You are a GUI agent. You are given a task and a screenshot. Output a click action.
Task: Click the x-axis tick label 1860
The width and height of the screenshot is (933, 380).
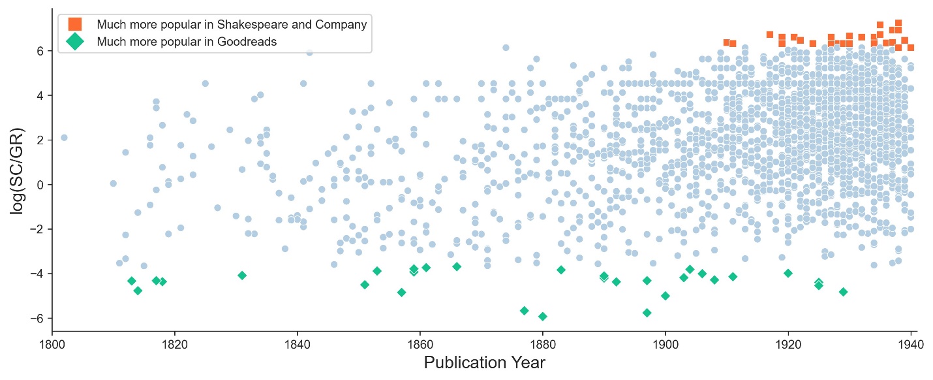coord(420,344)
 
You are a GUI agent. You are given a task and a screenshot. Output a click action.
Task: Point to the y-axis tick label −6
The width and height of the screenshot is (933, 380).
coord(40,318)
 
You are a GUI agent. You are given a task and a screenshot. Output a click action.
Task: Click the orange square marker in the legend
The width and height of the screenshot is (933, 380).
coord(75,25)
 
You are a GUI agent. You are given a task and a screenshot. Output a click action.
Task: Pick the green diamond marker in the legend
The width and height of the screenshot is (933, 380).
coord(75,42)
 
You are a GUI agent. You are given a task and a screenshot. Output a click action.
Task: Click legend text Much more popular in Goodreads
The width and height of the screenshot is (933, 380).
coord(187,42)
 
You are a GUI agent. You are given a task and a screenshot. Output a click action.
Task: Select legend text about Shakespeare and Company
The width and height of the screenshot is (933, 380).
coord(232,25)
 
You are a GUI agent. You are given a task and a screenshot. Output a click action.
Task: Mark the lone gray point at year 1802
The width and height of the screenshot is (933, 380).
coord(64,137)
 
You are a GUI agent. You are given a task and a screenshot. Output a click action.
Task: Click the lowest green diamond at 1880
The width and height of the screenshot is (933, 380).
coord(542,317)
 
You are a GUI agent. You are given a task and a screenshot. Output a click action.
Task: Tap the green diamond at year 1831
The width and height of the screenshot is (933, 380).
coord(242,276)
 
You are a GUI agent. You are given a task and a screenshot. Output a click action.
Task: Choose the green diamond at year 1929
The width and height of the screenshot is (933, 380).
coord(843,292)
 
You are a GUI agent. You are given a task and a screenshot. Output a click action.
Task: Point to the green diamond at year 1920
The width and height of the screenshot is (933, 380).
coord(788,273)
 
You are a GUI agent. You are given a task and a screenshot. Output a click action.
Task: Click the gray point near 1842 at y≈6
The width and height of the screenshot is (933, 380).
coord(309,52)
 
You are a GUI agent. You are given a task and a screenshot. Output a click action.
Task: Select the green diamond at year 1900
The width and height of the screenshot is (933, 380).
coord(665,296)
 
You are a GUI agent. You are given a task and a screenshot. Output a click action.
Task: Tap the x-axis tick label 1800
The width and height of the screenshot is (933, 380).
coord(52,344)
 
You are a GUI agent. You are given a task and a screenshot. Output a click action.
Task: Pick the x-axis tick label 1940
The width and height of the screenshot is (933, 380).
coord(910,344)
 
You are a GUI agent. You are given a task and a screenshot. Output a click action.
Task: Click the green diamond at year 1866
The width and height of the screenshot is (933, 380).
coord(457,266)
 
